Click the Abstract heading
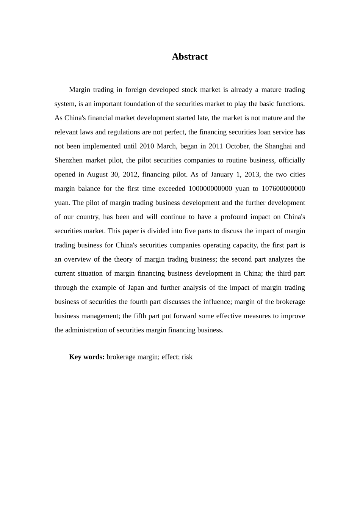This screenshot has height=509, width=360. click(x=189, y=57)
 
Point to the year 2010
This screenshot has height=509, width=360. click(x=147, y=146)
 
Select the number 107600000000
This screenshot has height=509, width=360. click(x=283, y=189)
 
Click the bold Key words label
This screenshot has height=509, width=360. click(x=86, y=357)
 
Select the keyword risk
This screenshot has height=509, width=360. click(x=187, y=357)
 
